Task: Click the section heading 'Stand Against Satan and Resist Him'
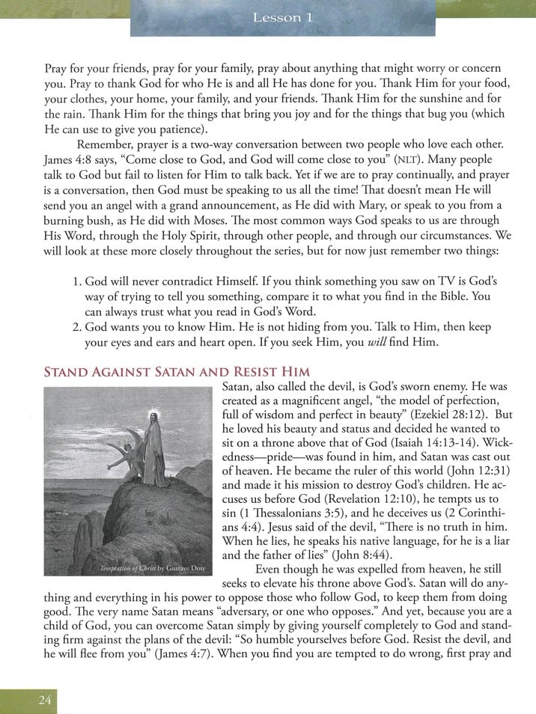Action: pyautogui.click(x=177, y=371)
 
